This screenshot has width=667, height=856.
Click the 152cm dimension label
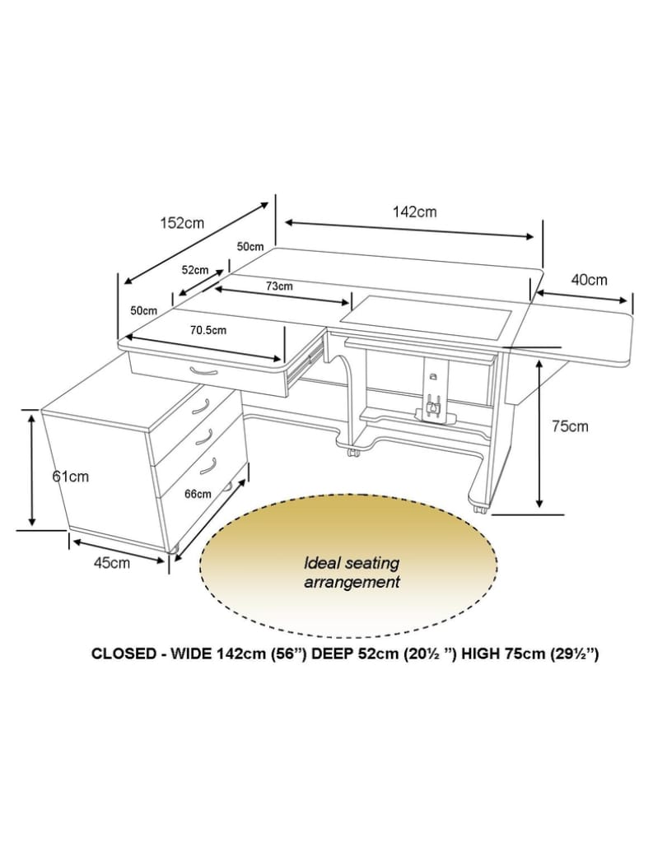[x=182, y=223]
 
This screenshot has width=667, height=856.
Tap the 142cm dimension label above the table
[x=415, y=212]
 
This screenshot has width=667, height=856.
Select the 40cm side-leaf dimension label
[x=590, y=280]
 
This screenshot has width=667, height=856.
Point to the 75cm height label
[x=570, y=426]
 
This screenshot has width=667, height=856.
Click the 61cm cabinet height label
[x=71, y=476]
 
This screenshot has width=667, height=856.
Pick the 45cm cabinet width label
[x=112, y=563]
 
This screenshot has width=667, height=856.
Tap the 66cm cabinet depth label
[x=198, y=494]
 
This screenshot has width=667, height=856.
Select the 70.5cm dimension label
[x=208, y=330]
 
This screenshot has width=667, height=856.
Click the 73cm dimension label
[x=279, y=286]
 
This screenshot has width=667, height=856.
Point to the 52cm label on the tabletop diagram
[x=195, y=270]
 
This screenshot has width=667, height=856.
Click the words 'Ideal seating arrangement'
[x=352, y=572]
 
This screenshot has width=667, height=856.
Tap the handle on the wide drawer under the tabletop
[x=203, y=372]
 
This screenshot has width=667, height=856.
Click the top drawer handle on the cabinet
[x=201, y=406]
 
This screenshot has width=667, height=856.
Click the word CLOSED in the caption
[x=124, y=654]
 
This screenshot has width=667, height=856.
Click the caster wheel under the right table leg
[x=480, y=508]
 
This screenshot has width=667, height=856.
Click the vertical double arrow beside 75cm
[x=539, y=435]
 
